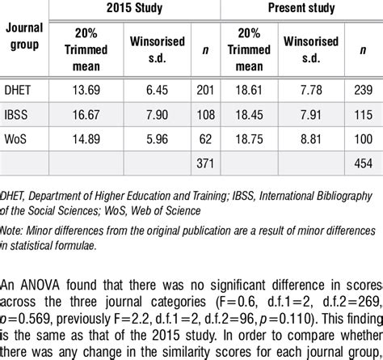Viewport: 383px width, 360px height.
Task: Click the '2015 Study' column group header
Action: click(133, 9)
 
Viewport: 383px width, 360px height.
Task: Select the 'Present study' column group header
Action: click(303, 9)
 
